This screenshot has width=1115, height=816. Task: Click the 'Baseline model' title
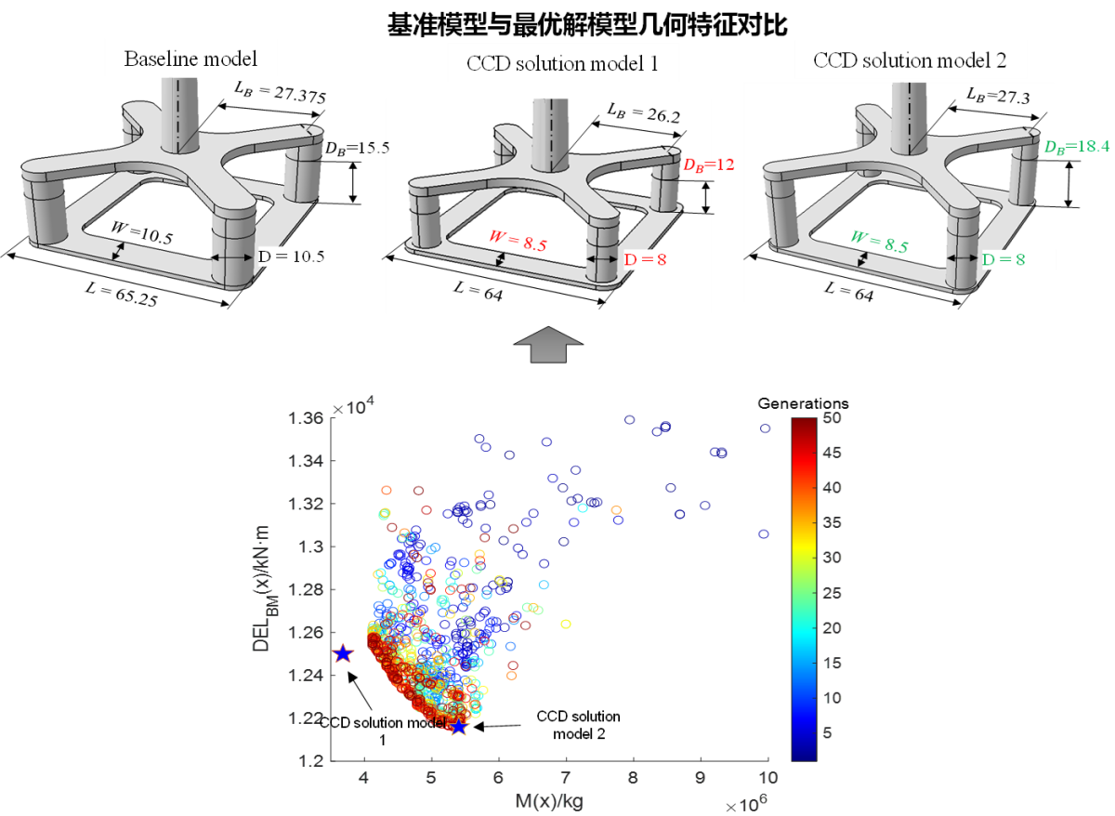tap(190, 62)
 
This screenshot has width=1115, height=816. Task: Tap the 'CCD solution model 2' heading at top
tap(908, 62)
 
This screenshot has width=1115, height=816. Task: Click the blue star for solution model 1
tap(343, 653)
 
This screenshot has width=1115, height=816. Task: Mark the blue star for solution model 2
tap(458, 726)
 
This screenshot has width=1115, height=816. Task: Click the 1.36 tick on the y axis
tap(308, 418)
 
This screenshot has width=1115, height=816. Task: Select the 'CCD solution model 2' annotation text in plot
tap(578, 725)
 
